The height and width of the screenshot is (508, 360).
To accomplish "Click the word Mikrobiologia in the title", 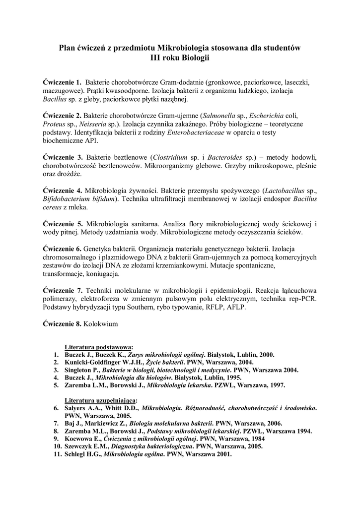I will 182,48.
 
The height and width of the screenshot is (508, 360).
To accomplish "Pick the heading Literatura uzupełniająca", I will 101,399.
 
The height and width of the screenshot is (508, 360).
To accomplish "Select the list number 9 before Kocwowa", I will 57,439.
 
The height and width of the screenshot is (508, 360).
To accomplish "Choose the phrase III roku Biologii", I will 180,58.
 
